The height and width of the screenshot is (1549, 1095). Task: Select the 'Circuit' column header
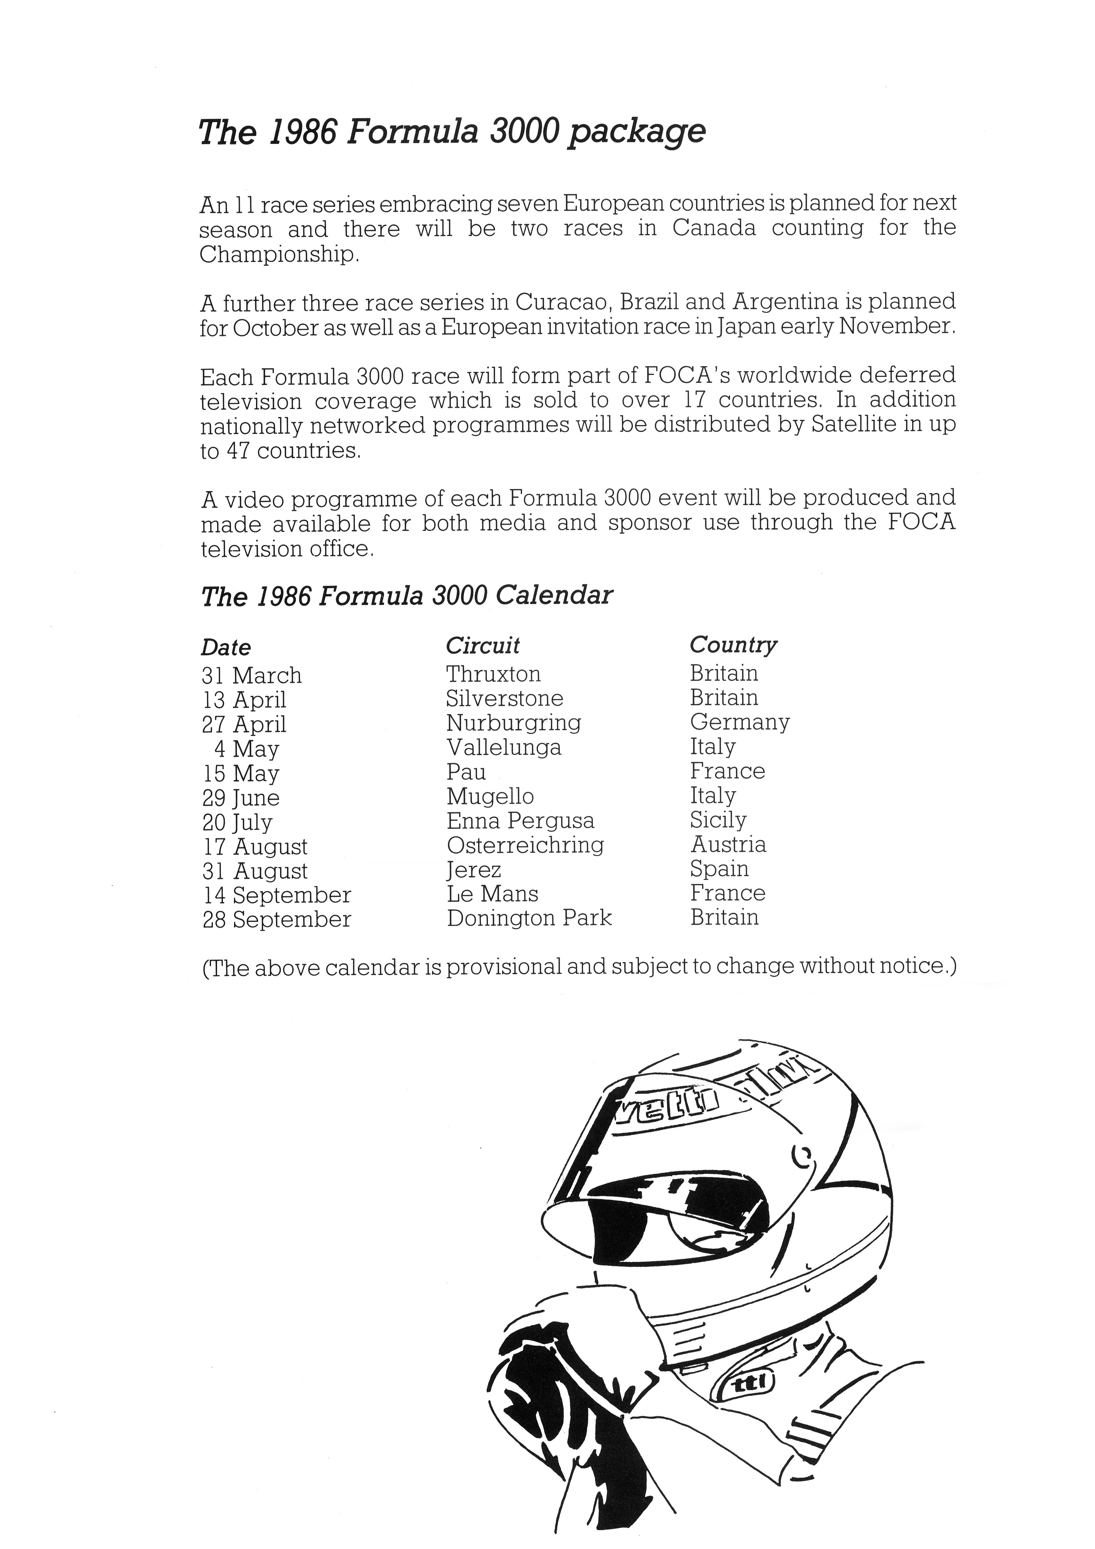pyautogui.click(x=482, y=646)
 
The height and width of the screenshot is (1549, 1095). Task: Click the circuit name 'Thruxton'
pyautogui.click(x=493, y=674)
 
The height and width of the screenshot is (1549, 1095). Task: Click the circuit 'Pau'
pyautogui.click(x=466, y=771)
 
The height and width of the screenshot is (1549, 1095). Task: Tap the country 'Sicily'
pyautogui.click(x=718, y=820)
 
